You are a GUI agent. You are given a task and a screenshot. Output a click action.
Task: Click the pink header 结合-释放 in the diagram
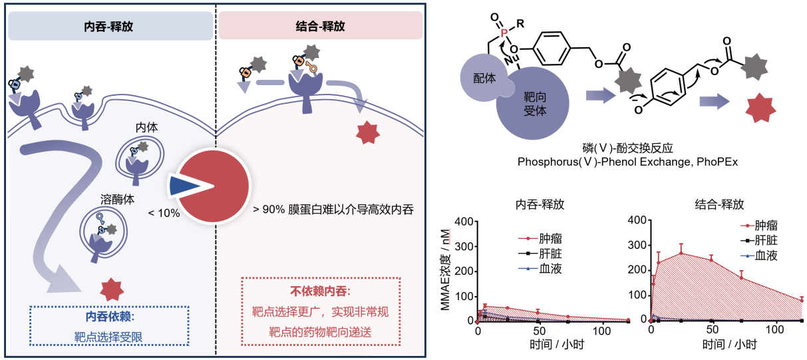click(x=320, y=25)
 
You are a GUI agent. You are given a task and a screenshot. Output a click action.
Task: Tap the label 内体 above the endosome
click(x=146, y=127)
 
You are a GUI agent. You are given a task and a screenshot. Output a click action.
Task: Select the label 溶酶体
click(x=118, y=199)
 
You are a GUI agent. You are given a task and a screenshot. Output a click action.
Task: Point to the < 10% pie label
click(x=164, y=213)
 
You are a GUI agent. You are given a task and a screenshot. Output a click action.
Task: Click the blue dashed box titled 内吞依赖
click(x=110, y=326)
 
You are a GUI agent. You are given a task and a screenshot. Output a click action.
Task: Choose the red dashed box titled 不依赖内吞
click(x=321, y=311)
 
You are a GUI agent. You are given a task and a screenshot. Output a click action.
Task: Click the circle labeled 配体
click(x=483, y=78)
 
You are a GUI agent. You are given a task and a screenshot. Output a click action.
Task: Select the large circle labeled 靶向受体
click(x=532, y=103)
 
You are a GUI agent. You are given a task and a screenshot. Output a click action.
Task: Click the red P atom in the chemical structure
click(x=504, y=33)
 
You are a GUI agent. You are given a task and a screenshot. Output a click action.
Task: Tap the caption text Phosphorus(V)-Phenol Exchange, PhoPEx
click(x=627, y=162)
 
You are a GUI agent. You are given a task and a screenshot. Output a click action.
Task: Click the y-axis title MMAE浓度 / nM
click(x=446, y=270)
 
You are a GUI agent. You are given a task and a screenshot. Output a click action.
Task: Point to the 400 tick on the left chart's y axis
click(x=464, y=222)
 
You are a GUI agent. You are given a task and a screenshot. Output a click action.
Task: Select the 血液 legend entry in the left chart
click(x=540, y=268)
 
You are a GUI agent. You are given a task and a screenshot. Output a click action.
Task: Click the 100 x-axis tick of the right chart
click(x=775, y=329)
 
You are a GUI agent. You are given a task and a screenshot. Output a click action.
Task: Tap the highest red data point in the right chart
click(x=681, y=254)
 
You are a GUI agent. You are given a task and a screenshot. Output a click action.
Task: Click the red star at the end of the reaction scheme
click(x=760, y=107)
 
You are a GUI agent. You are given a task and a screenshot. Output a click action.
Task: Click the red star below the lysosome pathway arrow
click(x=112, y=289)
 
